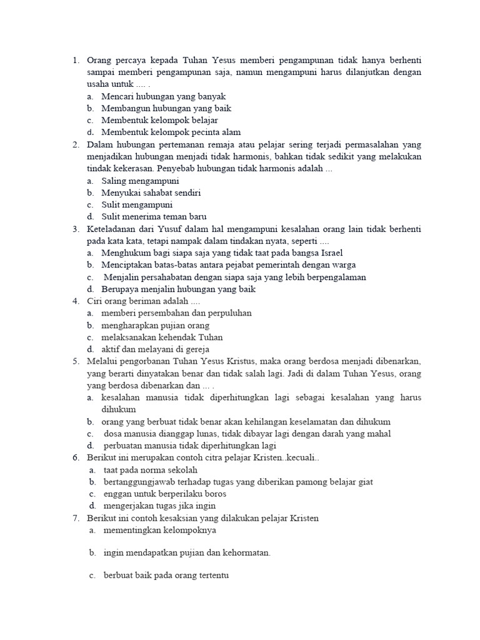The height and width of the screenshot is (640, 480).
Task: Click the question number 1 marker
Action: (75, 61)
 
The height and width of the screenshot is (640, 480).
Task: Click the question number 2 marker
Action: (75, 144)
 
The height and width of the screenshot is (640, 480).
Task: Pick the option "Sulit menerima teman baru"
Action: (154, 216)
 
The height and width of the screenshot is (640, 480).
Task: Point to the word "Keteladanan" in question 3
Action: (114, 229)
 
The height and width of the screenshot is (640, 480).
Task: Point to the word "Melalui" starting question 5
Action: (102, 361)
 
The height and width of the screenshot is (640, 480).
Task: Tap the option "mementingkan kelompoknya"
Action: (160, 530)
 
